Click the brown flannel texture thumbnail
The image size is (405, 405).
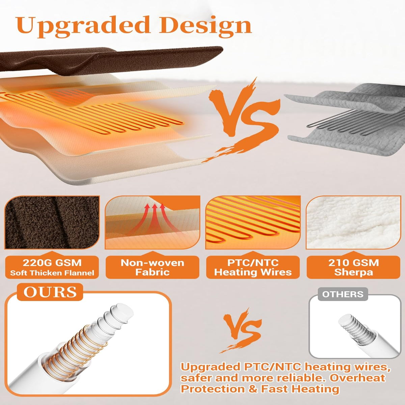(x=52, y=222)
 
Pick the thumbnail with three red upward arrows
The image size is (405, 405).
(x=152, y=222)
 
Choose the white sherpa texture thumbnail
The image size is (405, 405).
(x=353, y=222)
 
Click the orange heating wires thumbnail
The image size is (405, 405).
(x=253, y=222)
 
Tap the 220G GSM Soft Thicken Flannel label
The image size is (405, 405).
(x=52, y=267)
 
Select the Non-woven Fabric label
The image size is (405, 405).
(x=152, y=267)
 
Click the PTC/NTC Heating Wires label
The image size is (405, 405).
(x=253, y=267)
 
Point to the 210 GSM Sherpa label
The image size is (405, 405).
(x=353, y=267)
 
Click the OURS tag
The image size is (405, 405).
(x=50, y=292)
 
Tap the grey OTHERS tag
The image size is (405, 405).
(x=343, y=294)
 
